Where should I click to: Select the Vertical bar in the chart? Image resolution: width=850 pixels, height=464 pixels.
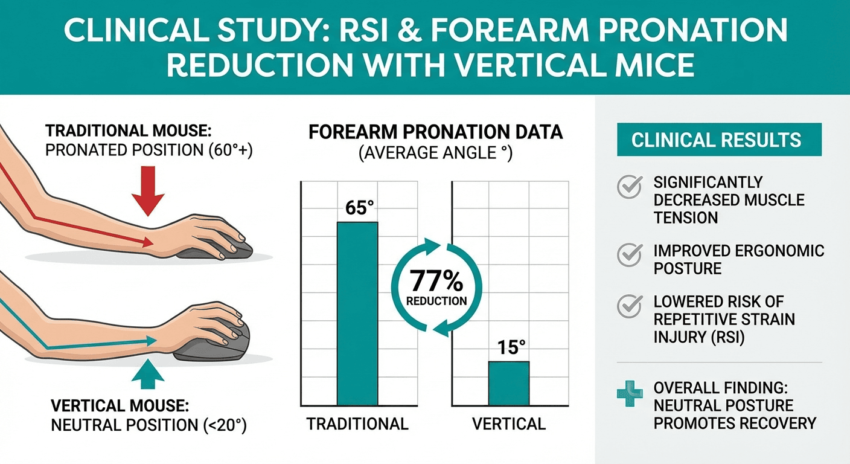tap(508, 383)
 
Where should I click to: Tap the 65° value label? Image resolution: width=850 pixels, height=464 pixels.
tap(357, 208)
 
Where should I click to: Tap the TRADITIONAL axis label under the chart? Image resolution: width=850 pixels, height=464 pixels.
tap(357, 424)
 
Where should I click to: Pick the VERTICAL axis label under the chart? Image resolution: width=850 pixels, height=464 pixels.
tap(508, 424)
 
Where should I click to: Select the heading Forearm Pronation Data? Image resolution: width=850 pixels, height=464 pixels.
tap(435, 132)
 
